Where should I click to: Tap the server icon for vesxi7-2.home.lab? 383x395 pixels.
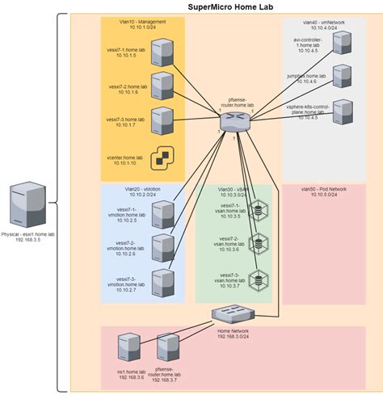[x=162, y=85]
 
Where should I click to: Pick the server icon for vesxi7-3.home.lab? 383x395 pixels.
[x=162, y=119]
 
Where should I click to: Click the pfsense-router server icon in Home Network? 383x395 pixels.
[x=168, y=348]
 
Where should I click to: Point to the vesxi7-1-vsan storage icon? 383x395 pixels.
[x=259, y=211]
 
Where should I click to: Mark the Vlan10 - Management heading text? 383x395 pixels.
[x=143, y=21]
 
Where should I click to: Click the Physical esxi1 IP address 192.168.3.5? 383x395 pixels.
[x=28, y=240]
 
